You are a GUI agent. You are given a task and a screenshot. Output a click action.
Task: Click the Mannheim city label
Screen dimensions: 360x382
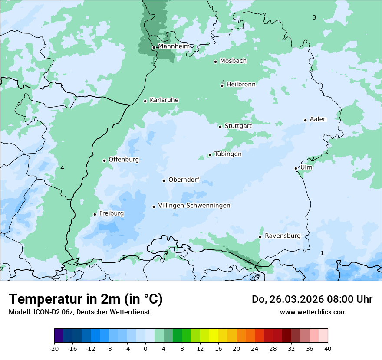click(x=174, y=46)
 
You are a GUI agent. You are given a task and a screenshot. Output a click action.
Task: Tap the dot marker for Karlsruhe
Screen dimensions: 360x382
click(x=145, y=101)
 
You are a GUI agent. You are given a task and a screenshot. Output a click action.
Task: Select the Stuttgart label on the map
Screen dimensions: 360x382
click(x=238, y=126)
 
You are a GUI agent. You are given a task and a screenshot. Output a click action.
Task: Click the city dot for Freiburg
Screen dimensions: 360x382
click(x=95, y=214)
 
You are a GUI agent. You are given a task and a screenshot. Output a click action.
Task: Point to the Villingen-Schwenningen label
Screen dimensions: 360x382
click(x=194, y=206)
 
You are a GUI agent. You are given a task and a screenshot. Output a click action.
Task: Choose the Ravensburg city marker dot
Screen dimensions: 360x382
click(x=260, y=237)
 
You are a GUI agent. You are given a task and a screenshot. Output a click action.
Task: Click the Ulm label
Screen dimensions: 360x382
click(x=306, y=167)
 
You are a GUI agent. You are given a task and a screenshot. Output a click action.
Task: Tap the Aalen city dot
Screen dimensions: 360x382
click(x=305, y=120)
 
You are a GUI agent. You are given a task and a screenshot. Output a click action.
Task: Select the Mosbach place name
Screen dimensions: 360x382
click(x=233, y=61)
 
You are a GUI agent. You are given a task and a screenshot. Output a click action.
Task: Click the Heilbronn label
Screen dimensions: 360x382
click(x=241, y=84)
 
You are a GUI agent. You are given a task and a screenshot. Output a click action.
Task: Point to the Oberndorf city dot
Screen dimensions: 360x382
click(x=164, y=180)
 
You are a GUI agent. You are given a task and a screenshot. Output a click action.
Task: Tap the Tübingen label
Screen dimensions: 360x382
click(x=228, y=154)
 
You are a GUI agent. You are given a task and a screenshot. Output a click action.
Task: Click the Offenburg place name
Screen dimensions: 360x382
click(x=124, y=160)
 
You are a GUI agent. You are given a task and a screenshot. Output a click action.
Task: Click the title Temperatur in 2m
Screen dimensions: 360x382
click(x=86, y=299)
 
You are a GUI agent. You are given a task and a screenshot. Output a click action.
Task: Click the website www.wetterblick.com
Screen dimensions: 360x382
click(x=313, y=312)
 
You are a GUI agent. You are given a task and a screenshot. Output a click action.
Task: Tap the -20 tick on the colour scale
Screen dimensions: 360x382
click(x=54, y=348)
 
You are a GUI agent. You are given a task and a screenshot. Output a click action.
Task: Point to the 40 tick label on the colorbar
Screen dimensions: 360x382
click(x=328, y=348)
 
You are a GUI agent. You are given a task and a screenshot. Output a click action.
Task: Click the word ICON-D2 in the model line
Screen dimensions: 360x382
click(x=44, y=312)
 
